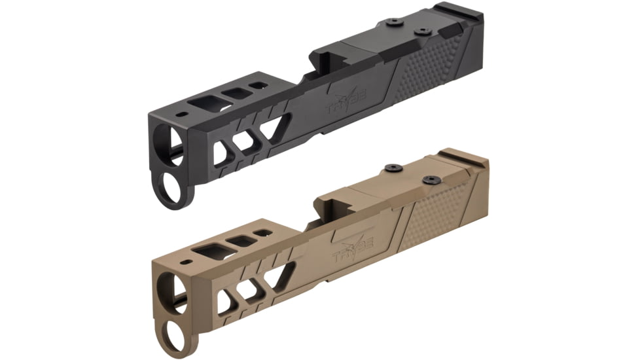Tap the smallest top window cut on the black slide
(260, 85)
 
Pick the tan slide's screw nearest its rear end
(431, 179)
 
